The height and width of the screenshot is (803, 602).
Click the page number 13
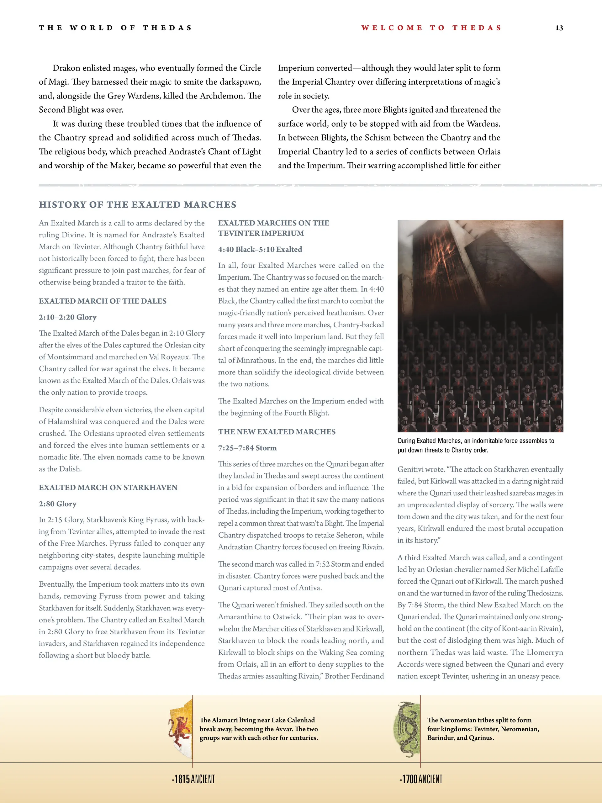click(559, 28)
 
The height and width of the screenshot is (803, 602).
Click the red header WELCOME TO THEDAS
click(431, 28)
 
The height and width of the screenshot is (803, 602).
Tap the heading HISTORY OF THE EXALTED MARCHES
click(138, 205)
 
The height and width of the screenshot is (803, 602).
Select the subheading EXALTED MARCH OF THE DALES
click(103, 301)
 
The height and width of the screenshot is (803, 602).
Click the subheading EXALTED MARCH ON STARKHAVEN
click(108, 488)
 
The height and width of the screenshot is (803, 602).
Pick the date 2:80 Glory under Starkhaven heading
click(58, 504)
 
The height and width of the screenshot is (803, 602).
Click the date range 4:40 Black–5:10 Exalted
click(260, 249)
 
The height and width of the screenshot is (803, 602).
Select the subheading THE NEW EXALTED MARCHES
click(277, 432)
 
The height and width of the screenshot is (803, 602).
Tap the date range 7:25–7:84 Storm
click(247, 448)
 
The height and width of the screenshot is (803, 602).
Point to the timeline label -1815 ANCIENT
click(193, 779)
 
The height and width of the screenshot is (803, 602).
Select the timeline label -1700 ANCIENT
click(421, 779)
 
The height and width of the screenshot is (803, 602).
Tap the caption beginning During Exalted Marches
click(476, 445)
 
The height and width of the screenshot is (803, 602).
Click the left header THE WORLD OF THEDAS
click(115, 28)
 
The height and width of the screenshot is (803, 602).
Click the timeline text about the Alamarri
click(259, 729)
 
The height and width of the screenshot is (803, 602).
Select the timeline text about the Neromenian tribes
click(483, 729)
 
